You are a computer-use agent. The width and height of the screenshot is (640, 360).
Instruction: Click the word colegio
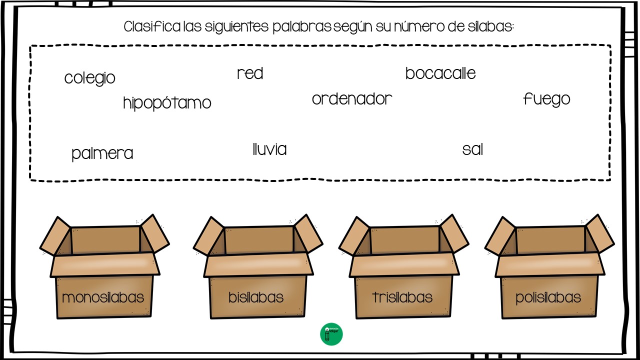tap(89, 78)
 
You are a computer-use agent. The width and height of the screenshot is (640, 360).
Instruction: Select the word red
tap(250, 73)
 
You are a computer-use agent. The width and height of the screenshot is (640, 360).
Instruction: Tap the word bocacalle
tap(440, 73)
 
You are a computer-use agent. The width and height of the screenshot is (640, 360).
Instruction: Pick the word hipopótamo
tap(167, 103)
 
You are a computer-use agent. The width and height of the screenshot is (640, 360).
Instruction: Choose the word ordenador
tap(352, 99)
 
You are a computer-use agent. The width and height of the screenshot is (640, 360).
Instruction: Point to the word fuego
tap(546, 99)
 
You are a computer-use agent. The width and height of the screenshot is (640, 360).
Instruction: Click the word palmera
tap(102, 153)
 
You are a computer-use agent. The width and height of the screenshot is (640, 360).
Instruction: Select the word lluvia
tap(269, 149)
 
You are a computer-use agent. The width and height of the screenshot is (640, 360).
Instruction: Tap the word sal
tap(472, 149)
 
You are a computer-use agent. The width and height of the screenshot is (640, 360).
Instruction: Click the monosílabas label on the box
tap(103, 297)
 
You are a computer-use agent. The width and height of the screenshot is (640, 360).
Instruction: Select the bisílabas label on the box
tap(256, 297)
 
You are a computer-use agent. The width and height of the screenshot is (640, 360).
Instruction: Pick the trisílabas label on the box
tap(402, 297)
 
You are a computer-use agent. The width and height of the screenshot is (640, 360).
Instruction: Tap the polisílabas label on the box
tap(548, 298)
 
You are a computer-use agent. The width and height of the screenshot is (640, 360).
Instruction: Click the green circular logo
tap(331, 334)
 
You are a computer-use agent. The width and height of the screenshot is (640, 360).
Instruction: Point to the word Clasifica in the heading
tap(152, 26)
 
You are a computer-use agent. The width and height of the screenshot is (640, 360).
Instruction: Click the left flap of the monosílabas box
tap(55, 236)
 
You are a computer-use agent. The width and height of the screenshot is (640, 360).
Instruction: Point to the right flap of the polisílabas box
tap(599, 233)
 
